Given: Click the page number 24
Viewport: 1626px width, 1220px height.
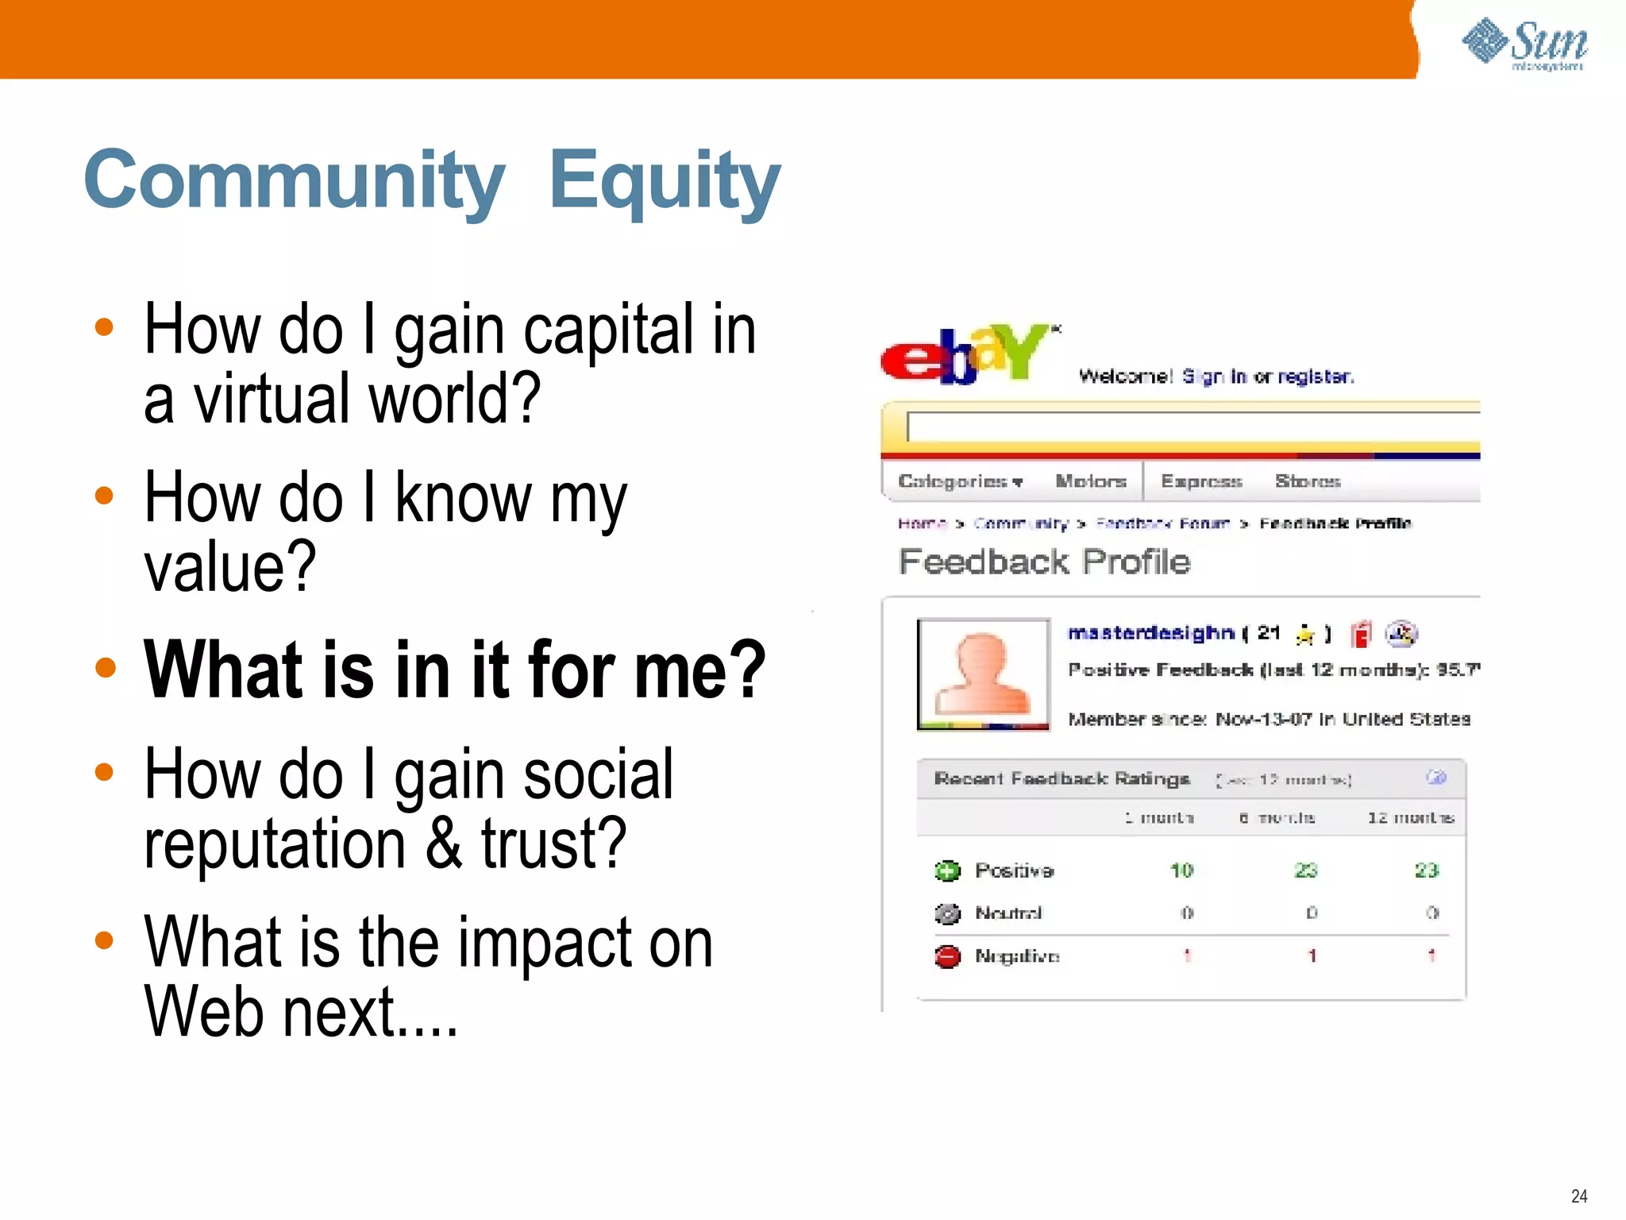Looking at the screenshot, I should point(1578,1195).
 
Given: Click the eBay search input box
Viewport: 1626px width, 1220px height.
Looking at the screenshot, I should point(1191,427).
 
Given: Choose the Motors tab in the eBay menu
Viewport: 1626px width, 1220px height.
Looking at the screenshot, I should point(1090,481).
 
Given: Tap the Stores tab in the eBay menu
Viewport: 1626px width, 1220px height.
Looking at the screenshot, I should point(1307,481).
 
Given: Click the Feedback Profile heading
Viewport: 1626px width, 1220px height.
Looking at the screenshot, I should point(1044,562).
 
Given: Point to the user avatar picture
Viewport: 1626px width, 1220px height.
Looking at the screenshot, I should point(983,674).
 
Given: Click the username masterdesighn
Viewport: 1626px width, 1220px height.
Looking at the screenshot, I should point(1150,633).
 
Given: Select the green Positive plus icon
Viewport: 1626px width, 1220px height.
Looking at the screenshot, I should point(947,871).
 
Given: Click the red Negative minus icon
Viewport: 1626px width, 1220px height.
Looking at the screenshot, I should point(947,956).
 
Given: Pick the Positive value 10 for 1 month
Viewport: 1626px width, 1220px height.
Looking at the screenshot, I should point(1181,871).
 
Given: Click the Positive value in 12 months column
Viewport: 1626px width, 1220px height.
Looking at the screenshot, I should point(1426,871).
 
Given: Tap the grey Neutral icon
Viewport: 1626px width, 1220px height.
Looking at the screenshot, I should point(947,913).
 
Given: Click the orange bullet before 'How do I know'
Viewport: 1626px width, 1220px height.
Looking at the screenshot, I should point(104,496).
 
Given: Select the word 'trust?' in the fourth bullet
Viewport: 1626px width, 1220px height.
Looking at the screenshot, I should point(553,844).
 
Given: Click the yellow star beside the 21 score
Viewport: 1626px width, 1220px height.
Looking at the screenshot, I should point(1304,634).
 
